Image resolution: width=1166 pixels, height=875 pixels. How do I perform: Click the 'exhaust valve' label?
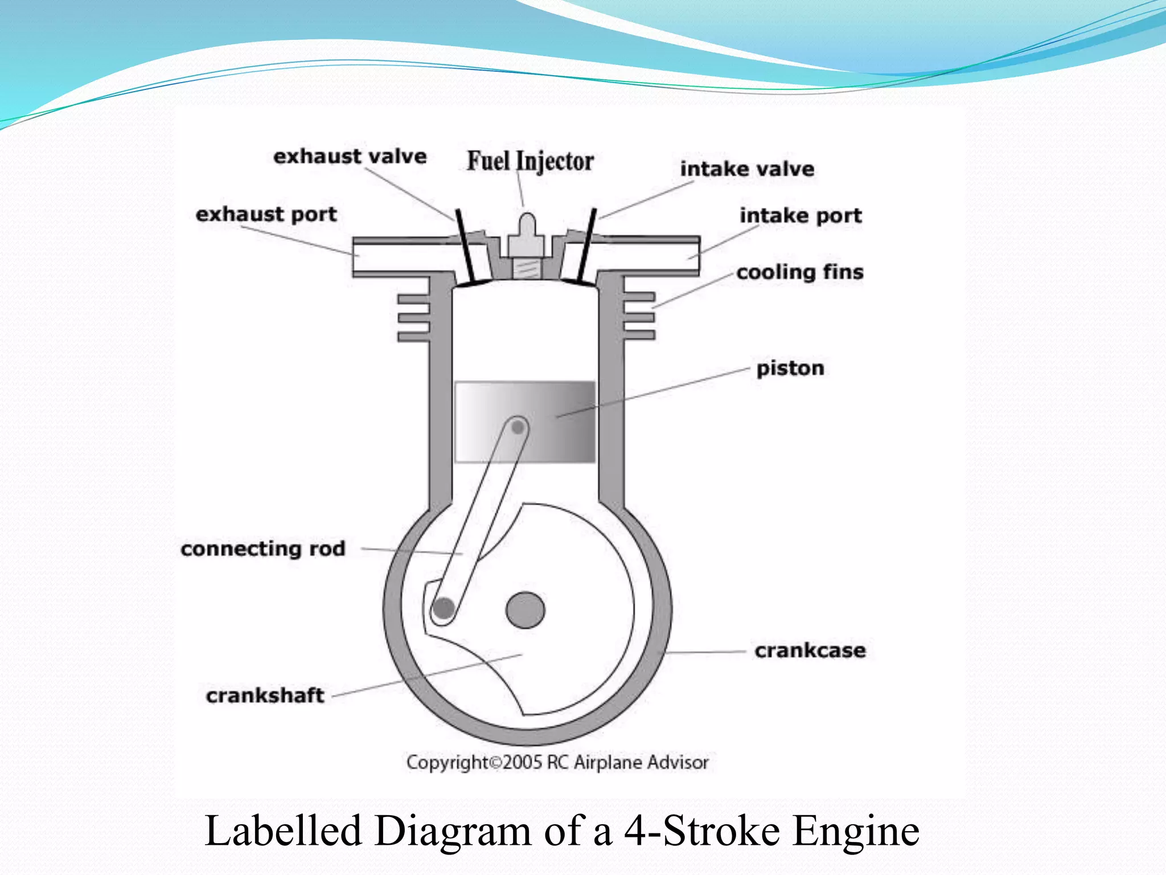(x=350, y=156)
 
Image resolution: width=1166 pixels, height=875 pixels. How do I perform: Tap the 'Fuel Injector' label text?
(x=530, y=161)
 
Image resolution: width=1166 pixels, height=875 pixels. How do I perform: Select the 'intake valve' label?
(x=747, y=169)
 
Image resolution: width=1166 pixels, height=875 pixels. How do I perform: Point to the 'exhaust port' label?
(x=266, y=214)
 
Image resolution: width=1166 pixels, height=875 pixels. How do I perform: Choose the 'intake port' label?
(x=800, y=215)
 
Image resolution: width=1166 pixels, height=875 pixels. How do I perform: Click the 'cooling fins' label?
(x=799, y=272)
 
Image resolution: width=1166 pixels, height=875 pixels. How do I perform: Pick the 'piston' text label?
(x=790, y=368)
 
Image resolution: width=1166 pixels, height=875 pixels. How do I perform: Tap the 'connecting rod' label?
(x=263, y=549)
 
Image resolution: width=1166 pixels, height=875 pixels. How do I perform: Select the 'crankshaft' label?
(x=265, y=695)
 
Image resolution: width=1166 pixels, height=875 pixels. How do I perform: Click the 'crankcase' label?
(x=810, y=650)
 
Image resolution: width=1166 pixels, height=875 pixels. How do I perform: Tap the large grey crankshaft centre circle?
(x=525, y=610)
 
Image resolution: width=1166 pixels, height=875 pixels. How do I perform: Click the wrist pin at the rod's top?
(x=518, y=427)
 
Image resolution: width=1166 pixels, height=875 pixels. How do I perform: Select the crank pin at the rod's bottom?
(x=443, y=608)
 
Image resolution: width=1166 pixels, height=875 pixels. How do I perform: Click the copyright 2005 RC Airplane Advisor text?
(x=557, y=762)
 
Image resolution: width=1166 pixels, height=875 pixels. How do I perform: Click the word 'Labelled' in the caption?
(x=283, y=831)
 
